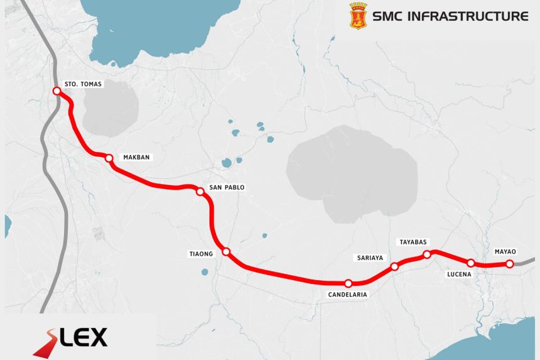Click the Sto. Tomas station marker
[x=57, y=91]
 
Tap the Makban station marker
[x=109, y=158]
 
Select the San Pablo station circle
[x=200, y=192]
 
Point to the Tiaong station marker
[x=226, y=252]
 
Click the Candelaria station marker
[x=348, y=283]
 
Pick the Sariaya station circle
[x=394, y=267]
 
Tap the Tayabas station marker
[x=427, y=254]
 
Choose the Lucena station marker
[x=471, y=263]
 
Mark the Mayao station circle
[x=510, y=264]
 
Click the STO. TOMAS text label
[x=83, y=84]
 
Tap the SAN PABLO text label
[x=227, y=187]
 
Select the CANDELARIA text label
[x=348, y=294]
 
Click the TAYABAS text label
[x=413, y=242]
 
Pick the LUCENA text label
[x=458, y=275]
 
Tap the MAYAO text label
[x=505, y=251]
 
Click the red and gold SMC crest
[x=359, y=16]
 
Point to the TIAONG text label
[x=202, y=254]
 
